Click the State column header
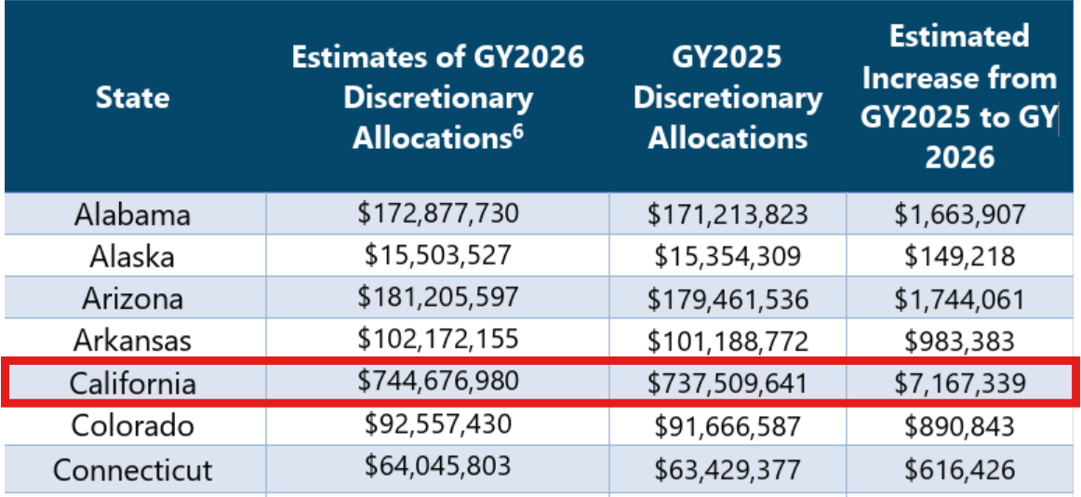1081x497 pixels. pyautogui.click(x=133, y=97)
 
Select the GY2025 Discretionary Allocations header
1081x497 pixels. pyautogui.click(x=727, y=97)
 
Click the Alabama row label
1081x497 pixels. pyautogui.click(x=133, y=215)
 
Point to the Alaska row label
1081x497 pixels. pyautogui.click(x=133, y=256)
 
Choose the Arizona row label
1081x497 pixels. pyautogui.click(x=133, y=298)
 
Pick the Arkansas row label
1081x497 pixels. pyautogui.click(x=133, y=340)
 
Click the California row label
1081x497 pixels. pyautogui.click(x=133, y=383)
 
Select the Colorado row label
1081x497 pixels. pyautogui.click(x=133, y=425)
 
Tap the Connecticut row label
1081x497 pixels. pyautogui.click(x=133, y=468)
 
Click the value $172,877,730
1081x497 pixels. pyautogui.click(x=438, y=213)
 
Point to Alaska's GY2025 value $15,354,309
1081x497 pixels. pyautogui.click(x=727, y=256)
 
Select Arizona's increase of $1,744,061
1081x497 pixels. pyautogui.click(x=960, y=299)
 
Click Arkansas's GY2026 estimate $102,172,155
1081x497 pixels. pyautogui.click(x=438, y=339)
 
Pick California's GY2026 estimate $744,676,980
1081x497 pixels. pyautogui.click(x=438, y=381)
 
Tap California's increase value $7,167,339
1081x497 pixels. pyautogui.click(x=960, y=383)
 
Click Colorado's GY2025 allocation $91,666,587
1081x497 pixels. pyautogui.click(x=727, y=425)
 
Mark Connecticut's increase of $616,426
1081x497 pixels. pyautogui.click(x=960, y=468)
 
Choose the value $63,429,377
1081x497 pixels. pyautogui.click(x=727, y=468)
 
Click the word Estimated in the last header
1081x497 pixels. pyautogui.click(x=959, y=36)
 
